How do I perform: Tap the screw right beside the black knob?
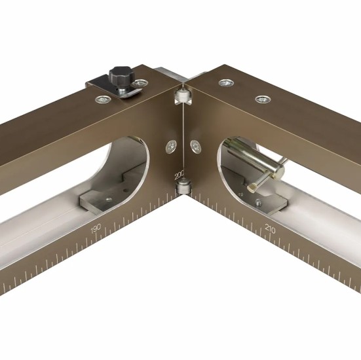[x=140, y=83]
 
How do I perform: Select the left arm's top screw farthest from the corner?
[x=104, y=99]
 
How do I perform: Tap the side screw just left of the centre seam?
[x=171, y=147]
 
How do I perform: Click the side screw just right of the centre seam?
[x=196, y=147]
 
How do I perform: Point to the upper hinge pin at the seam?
[x=182, y=95]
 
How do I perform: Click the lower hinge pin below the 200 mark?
[x=183, y=187]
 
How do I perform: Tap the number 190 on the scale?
[x=96, y=228]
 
